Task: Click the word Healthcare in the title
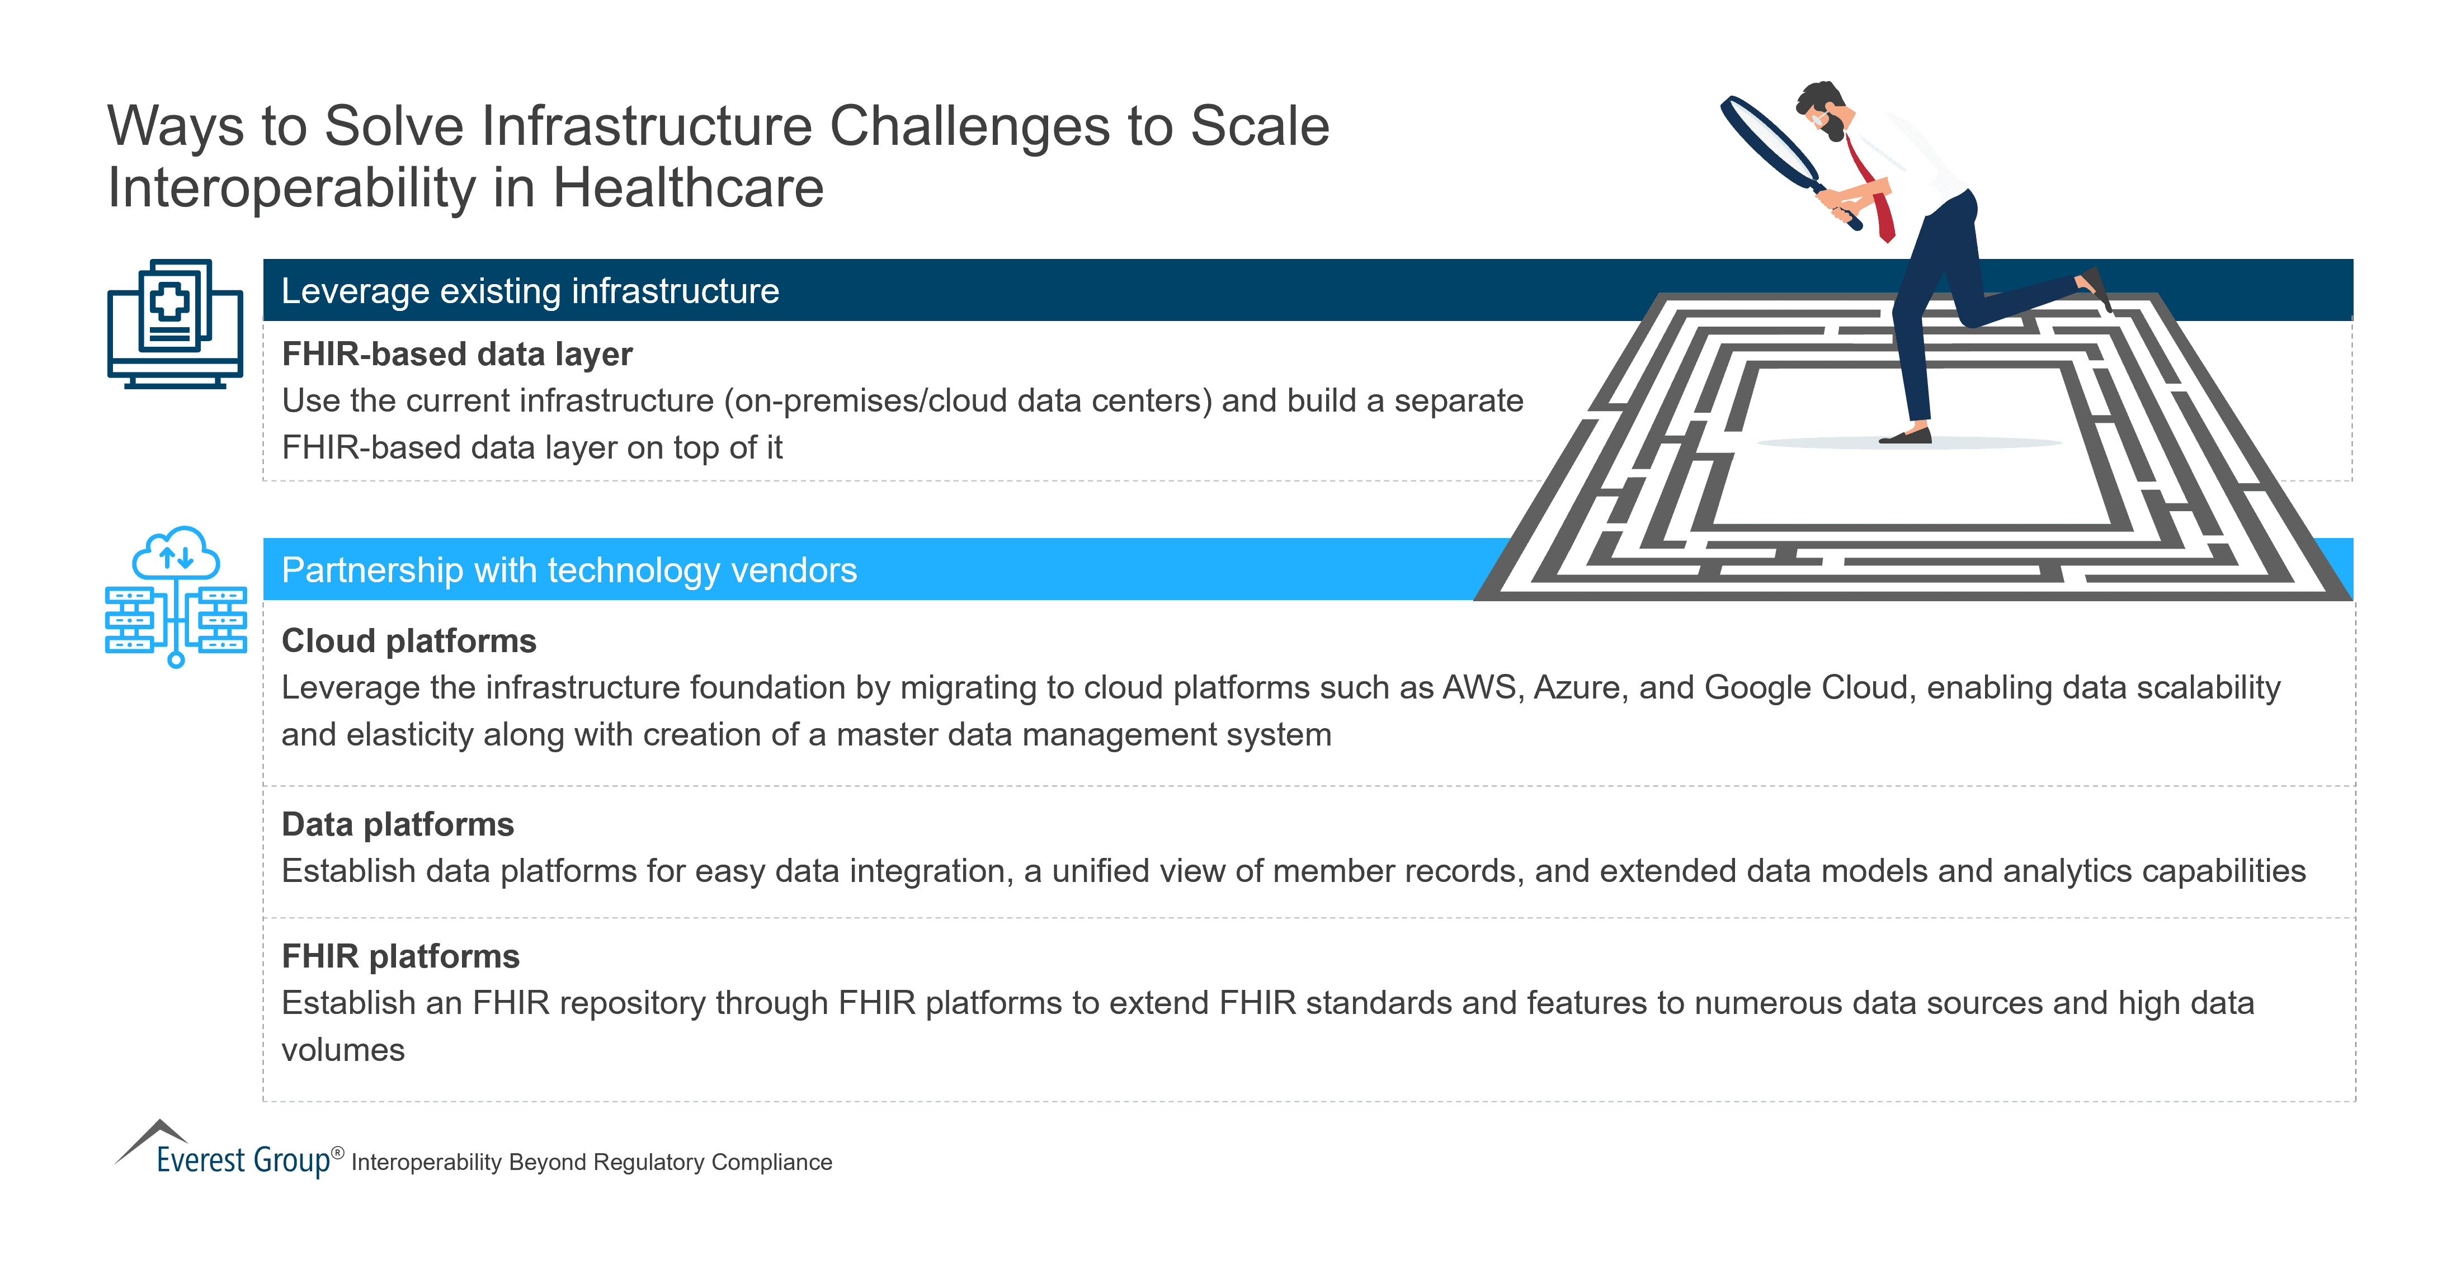point(688,187)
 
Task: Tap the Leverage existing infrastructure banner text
point(530,290)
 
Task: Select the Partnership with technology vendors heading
point(569,570)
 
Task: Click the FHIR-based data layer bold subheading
point(456,355)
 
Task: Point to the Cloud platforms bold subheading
point(409,641)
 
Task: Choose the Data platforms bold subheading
point(398,824)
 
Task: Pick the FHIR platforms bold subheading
point(400,956)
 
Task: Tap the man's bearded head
point(1824,110)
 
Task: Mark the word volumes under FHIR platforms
point(343,1050)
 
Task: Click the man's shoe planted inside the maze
point(1907,437)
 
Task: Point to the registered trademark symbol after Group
point(337,1152)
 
